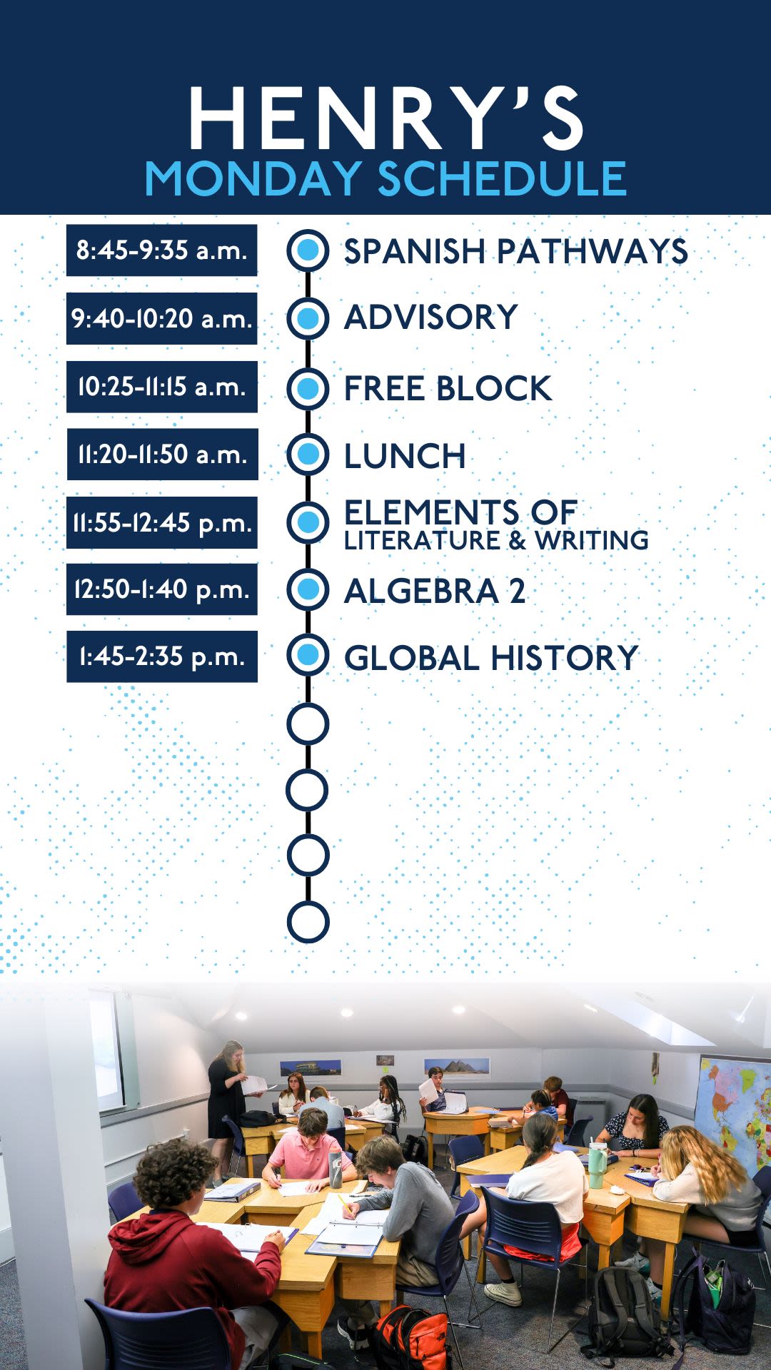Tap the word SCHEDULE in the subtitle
[502, 178]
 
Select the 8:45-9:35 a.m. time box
[162, 250]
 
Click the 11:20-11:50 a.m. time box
[162, 455]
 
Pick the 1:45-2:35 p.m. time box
[162, 656]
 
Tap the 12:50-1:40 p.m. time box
[162, 589]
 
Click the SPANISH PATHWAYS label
[516, 251]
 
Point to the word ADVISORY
[431, 318]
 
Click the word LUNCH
[405, 456]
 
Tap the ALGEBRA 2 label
[435, 591]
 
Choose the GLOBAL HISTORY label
[491, 658]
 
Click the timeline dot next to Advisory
[308, 318]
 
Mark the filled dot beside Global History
[308, 656]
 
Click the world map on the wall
[733, 1120]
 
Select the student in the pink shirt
[309, 1152]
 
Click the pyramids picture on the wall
[458, 1067]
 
